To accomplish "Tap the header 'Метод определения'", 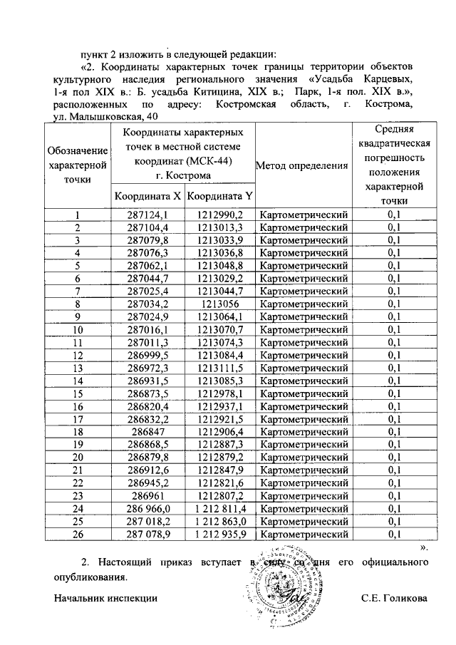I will [x=301, y=165].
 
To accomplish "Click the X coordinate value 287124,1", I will [x=147, y=215].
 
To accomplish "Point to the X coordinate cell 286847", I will [x=147, y=432].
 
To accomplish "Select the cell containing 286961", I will [x=147, y=495].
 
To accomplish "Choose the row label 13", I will [x=78, y=368].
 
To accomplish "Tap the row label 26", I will [x=78, y=534].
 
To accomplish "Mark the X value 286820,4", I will [x=147, y=406].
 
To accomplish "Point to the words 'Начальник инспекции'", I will [x=105, y=598].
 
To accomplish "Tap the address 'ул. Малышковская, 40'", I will [x=98, y=117].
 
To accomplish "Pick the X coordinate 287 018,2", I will [x=147, y=521].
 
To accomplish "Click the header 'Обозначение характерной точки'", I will [x=78, y=165].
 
